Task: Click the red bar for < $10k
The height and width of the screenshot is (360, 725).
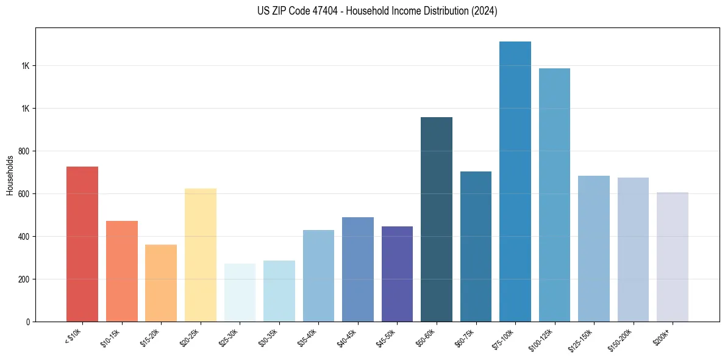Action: click(82, 244)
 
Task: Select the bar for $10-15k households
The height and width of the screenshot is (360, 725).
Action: click(121, 272)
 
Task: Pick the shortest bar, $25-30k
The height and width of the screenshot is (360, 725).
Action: click(240, 293)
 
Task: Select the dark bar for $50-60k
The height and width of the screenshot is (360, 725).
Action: click(437, 220)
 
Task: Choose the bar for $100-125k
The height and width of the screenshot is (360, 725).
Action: click(554, 195)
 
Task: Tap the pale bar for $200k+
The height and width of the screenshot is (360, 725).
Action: click(673, 257)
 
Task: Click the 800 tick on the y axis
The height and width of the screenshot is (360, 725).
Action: click(24, 151)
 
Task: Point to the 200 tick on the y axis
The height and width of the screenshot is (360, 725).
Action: click(24, 279)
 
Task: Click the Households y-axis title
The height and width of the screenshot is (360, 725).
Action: click(10, 175)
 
